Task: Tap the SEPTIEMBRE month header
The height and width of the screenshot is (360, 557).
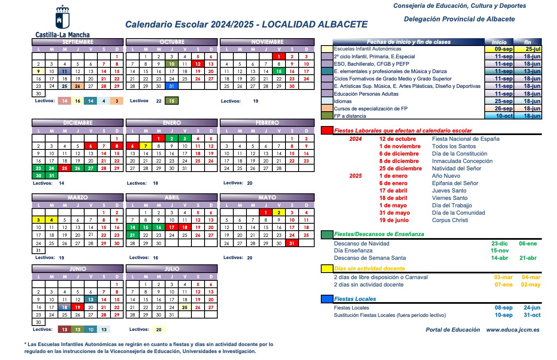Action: [78, 42]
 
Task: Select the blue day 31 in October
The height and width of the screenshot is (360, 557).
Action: [172, 86]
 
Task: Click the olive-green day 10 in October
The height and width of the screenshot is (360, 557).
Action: [172, 64]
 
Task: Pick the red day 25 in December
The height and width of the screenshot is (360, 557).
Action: [64, 168]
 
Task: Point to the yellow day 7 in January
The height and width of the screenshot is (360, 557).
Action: [145, 146]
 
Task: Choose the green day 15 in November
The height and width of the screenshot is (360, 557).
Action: [279, 71]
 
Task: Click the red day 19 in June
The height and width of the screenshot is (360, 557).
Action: [78, 307]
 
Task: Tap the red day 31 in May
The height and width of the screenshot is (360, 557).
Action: [292, 243]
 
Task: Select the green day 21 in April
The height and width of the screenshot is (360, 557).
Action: [132, 235]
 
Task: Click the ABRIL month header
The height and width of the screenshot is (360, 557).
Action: [172, 197]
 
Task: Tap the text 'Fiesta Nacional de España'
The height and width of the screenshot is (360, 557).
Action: [466, 139]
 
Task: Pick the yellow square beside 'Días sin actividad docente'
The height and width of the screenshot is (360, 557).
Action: [327, 269]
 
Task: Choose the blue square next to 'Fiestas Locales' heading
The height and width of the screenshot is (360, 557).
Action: [327, 299]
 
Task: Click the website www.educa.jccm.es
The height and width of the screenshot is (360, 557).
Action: [513, 330]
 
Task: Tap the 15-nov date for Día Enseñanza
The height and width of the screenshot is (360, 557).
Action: [499, 250]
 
